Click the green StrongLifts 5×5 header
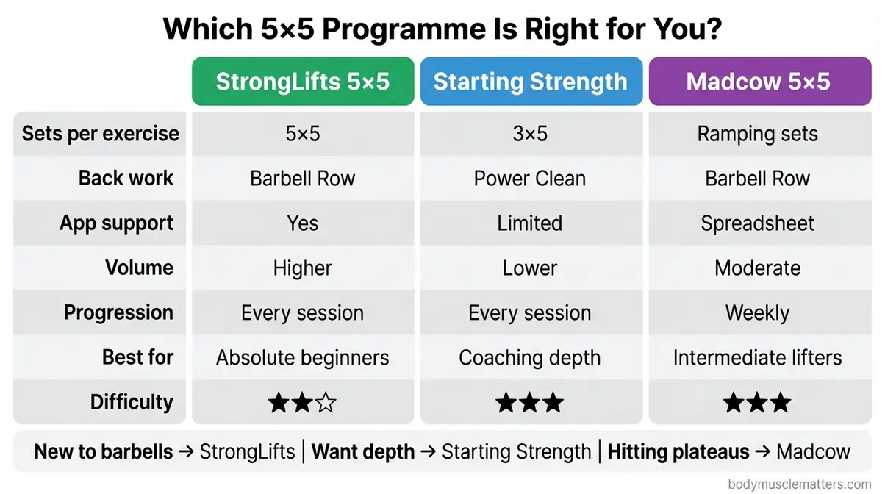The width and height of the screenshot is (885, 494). (302, 82)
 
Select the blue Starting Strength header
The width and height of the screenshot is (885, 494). (530, 82)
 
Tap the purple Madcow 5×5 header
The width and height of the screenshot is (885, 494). (758, 82)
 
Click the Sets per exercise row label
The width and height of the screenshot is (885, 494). (101, 134)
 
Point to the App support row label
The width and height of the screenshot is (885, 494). (117, 223)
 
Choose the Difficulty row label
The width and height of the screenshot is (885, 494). (132, 402)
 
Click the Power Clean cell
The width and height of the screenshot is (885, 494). (530, 179)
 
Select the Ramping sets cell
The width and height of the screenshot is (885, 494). (758, 134)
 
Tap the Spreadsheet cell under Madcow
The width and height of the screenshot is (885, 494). (758, 223)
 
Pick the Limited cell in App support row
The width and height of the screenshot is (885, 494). (530, 223)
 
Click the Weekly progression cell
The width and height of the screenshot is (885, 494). (758, 313)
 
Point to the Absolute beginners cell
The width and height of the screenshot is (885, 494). (302, 358)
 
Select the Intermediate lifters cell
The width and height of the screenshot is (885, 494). (758, 358)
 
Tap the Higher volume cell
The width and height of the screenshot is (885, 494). (302, 268)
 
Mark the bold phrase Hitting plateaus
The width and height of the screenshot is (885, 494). (680, 451)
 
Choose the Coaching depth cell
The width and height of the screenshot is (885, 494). (530, 358)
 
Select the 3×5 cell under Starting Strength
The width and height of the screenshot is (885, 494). (530, 134)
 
